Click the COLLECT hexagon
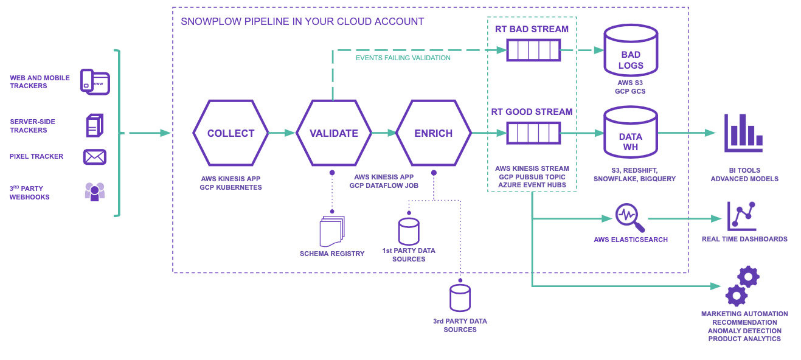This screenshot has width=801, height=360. [231, 133]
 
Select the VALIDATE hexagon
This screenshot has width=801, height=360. [333, 133]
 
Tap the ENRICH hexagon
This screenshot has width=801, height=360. [433, 133]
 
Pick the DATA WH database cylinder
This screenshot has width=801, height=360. [631, 133]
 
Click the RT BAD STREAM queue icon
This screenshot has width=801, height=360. [533, 50]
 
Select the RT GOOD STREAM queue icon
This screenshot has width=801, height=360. [533, 133]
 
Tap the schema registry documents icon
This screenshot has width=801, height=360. [331, 232]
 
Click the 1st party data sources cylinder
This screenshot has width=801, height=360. [409, 231]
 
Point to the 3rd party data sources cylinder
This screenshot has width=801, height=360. [460, 298]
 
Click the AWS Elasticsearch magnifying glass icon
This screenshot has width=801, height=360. [629, 218]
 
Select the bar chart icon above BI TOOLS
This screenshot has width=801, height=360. [743, 133]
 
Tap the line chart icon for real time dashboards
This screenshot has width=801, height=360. [742, 216]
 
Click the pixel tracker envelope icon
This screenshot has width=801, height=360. [95, 157]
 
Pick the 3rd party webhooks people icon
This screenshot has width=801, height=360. [95, 192]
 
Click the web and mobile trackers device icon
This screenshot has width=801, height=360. [95, 81]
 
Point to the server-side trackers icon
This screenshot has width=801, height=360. [94, 125]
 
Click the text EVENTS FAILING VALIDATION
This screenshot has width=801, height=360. [403, 58]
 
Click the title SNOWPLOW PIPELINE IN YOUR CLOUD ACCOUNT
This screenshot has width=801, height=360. [302, 22]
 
